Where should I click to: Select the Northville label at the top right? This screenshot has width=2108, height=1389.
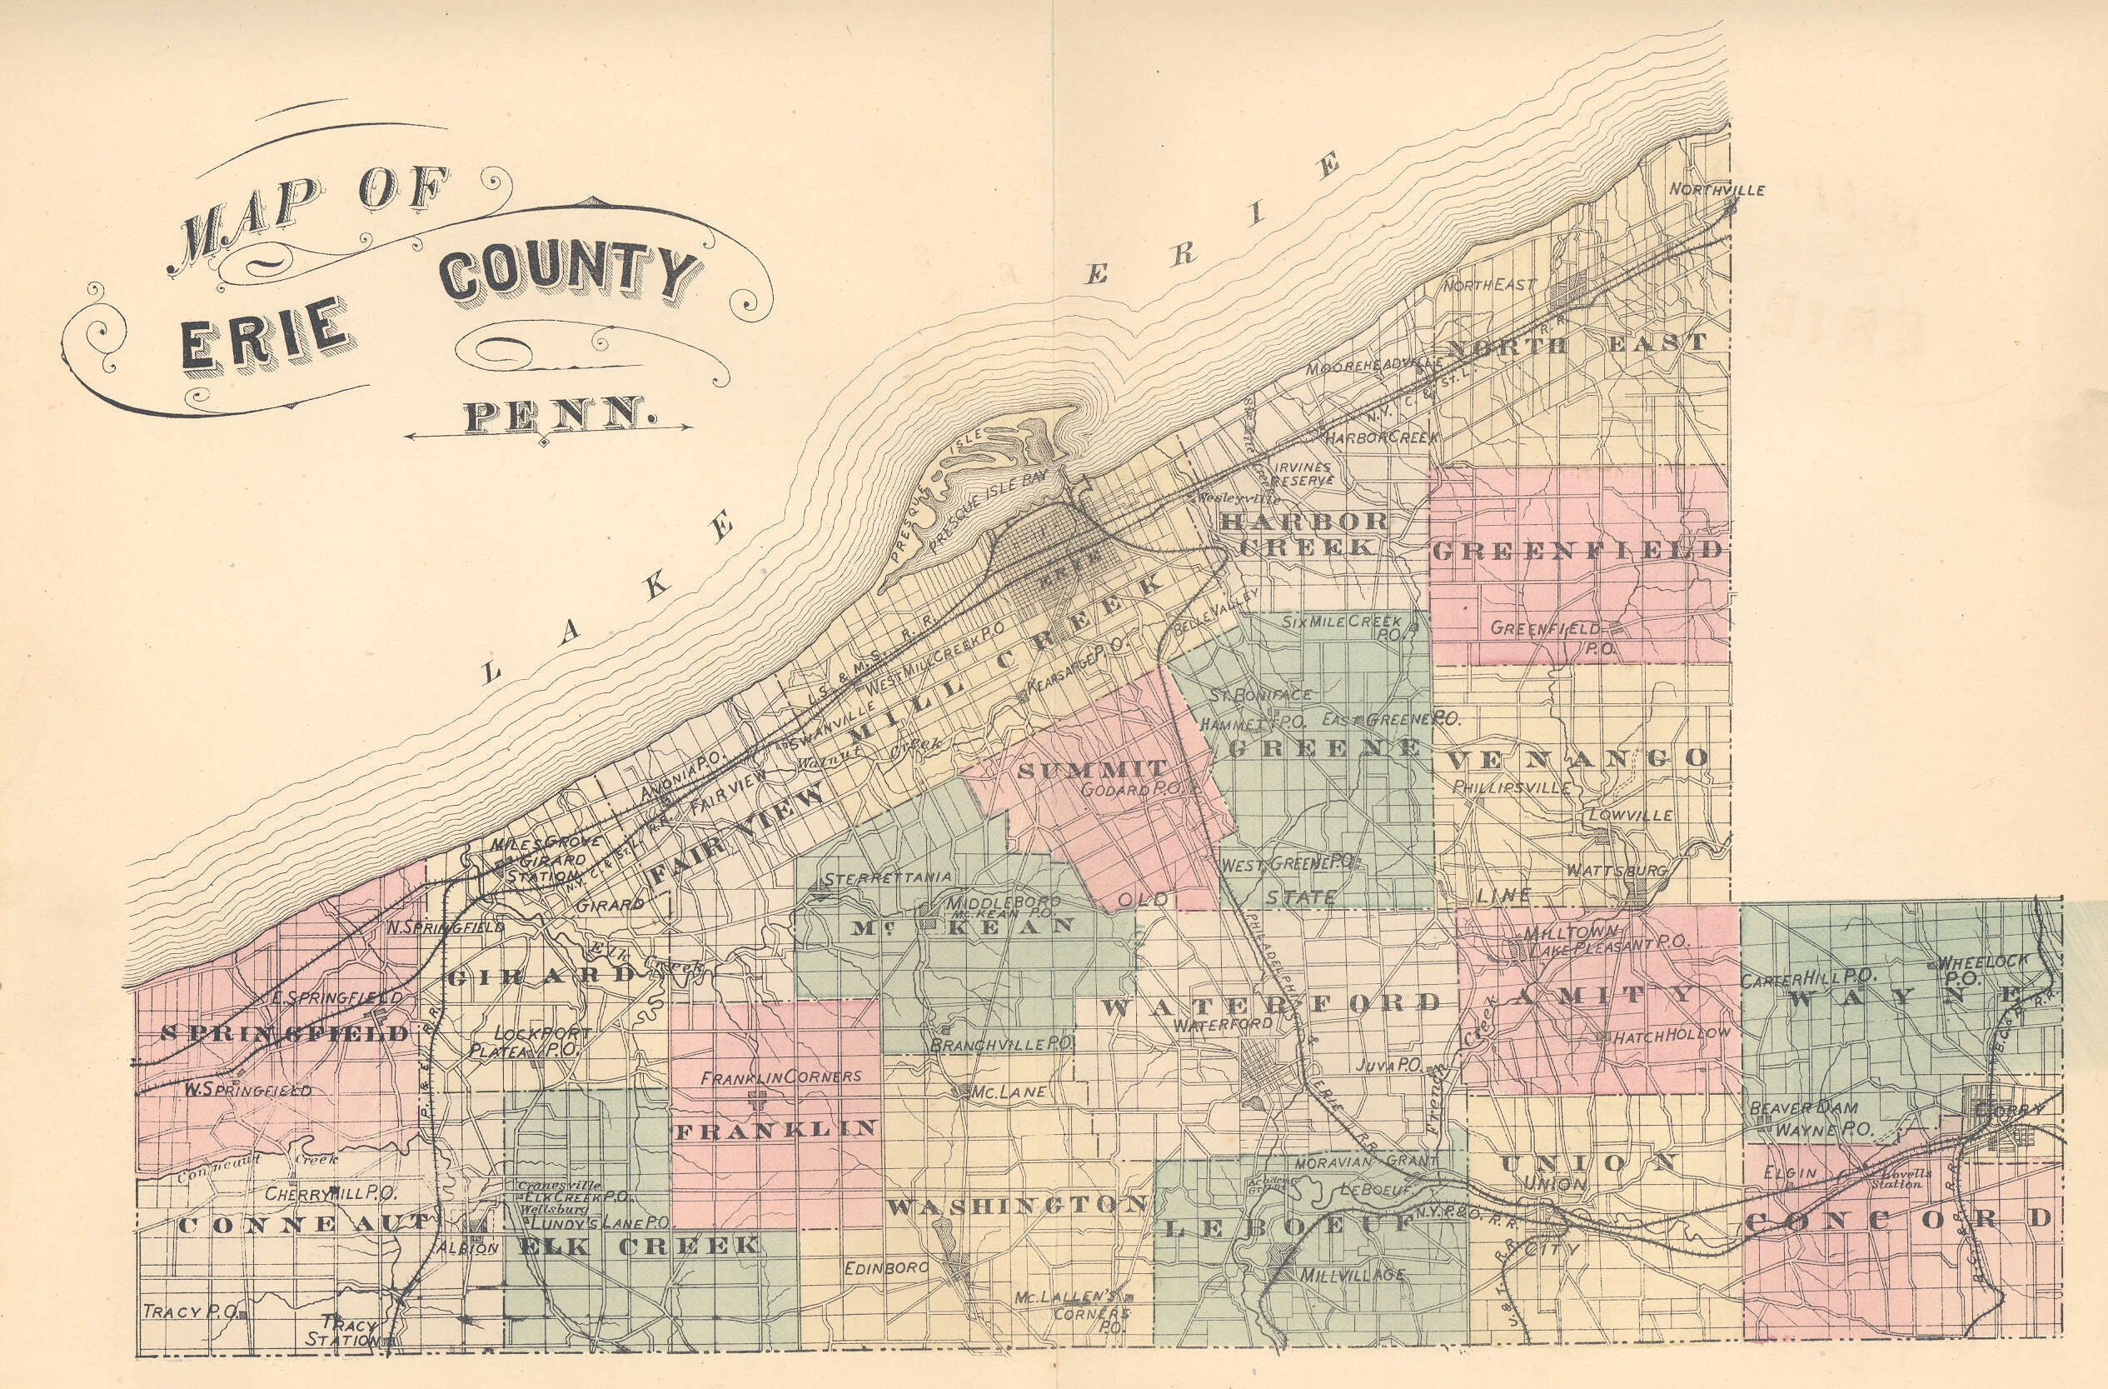point(1717,190)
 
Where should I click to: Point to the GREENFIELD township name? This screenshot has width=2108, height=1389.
point(1577,550)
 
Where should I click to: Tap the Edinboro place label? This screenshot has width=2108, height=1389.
point(885,1267)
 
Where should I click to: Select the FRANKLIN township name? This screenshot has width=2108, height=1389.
point(775,1128)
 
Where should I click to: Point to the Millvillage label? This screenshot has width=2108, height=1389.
point(1352,1275)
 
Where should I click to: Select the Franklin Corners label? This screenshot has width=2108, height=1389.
point(780,1077)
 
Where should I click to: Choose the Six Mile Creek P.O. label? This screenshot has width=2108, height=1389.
point(1343,627)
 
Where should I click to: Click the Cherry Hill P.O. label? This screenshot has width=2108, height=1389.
point(331,1193)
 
